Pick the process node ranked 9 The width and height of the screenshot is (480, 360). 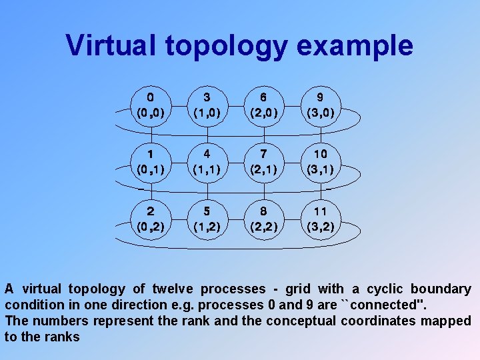click(x=321, y=105)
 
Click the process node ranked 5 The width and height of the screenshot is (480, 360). click(x=208, y=219)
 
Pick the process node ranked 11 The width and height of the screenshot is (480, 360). click(x=321, y=219)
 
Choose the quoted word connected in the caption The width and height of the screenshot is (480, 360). click(x=384, y=305)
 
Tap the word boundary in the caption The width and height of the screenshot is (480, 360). click(x=441, y=289)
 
